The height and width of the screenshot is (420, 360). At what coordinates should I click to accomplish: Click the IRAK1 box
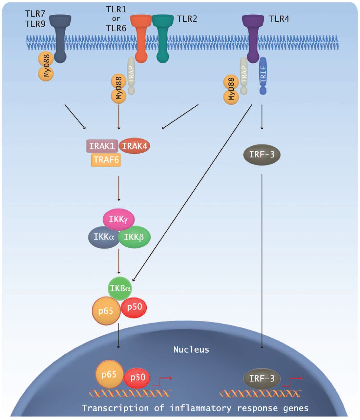point(102,146)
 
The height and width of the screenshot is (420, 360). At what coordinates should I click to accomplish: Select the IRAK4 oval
point(134,146)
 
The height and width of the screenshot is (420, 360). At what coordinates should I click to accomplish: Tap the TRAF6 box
point(106,160)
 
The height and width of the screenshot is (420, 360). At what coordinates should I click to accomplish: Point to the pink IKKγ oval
point(118,219)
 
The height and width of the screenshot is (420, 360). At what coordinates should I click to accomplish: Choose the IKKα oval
point(103,237)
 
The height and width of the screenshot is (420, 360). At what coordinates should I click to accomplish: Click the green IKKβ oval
point(134,237)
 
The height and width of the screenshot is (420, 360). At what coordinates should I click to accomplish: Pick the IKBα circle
point(120,288)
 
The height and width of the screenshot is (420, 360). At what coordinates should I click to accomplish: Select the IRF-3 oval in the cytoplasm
point(262,155)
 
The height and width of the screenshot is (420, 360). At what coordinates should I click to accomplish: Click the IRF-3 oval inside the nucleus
point(262,379)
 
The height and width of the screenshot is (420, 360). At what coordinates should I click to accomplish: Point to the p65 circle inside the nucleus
point(109,374)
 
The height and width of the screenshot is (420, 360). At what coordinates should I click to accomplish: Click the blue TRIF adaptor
point(263,75)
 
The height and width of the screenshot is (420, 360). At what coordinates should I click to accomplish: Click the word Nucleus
point(191,349)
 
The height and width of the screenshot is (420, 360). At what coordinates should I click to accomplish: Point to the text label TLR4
point(279,19)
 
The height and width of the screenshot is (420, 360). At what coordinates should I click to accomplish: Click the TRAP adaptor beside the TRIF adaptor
point(244,75)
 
